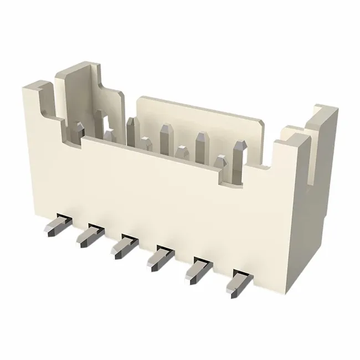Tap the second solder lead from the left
tap(87, 236)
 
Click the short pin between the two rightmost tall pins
tap(220, 162)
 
